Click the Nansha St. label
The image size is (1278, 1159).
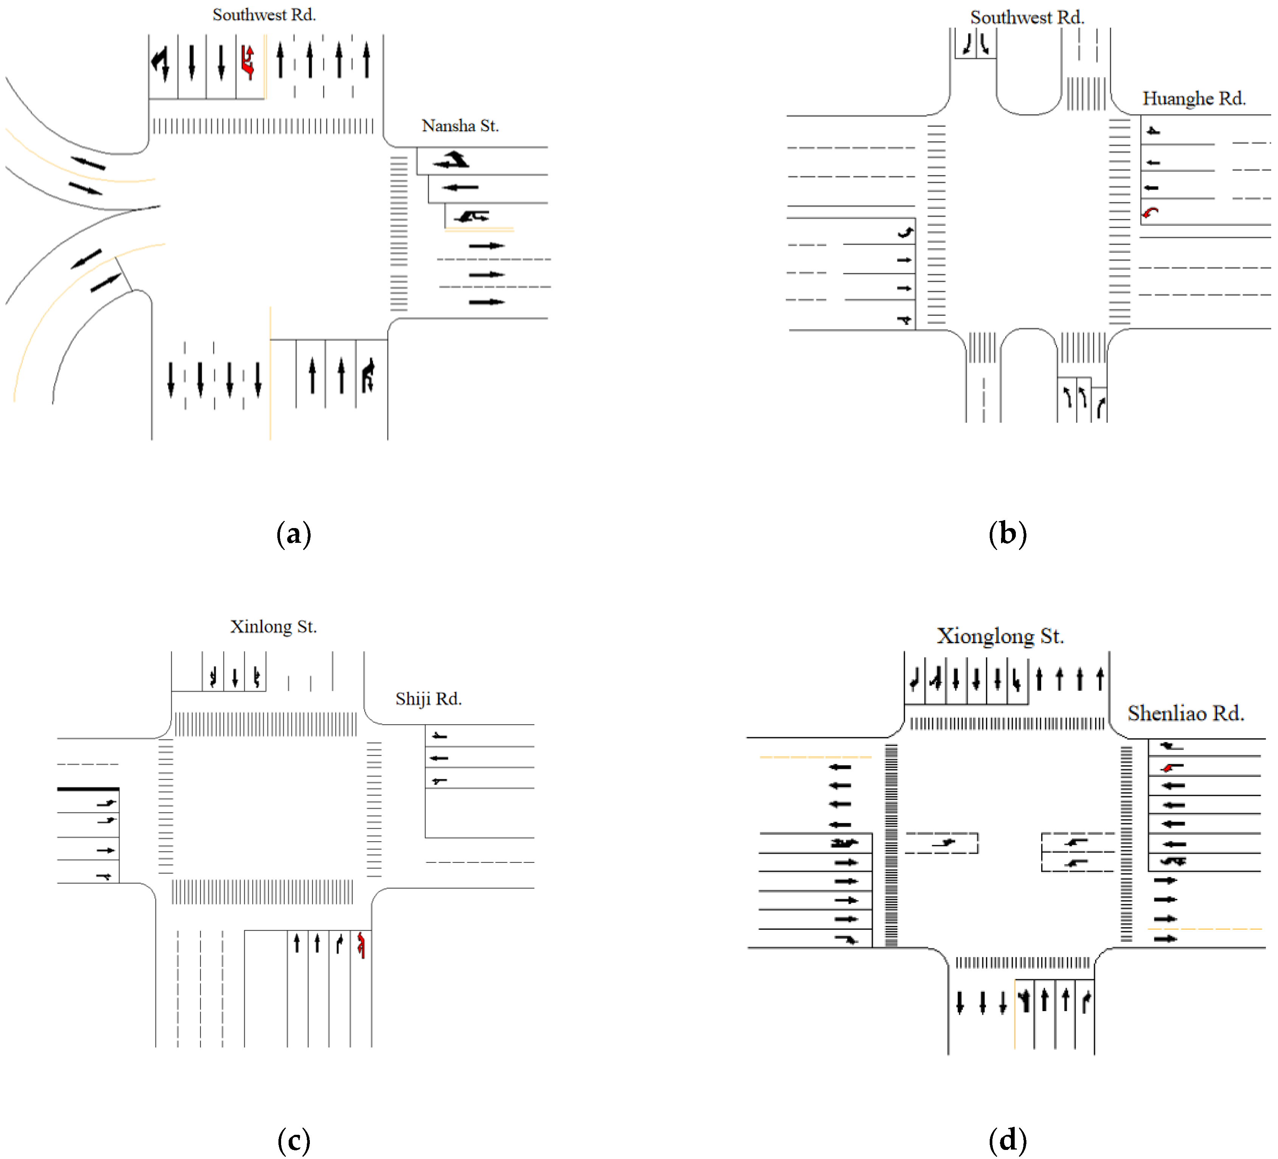(x=460, y=126)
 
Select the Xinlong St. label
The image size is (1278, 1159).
(x=273, y=627)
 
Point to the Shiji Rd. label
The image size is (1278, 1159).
(x=429, y=699)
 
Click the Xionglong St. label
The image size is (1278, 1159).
(x=1000, y=636)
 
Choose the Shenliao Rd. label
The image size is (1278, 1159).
(x=1185, y=713)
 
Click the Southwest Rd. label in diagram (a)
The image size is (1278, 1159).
(x=264, y=15)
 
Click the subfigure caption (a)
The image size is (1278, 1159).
(x=294, y=534)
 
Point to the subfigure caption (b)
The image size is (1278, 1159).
(x=1007, y=534)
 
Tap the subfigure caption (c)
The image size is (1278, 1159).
(x=294, y=1140)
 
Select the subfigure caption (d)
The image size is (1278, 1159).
(x=1007, y=1140)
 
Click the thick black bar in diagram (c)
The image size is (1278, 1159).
(x=88, y=789)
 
